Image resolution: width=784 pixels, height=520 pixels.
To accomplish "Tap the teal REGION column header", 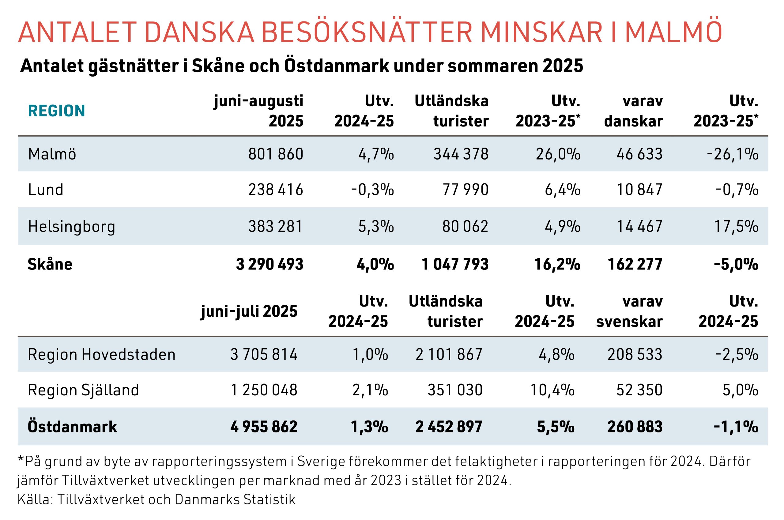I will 57,111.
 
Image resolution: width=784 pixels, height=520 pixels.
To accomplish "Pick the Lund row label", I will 45,190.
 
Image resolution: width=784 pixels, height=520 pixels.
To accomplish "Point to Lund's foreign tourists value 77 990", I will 465,190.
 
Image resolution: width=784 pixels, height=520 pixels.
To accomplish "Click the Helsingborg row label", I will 71,227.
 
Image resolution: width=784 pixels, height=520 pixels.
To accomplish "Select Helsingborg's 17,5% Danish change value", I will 736,227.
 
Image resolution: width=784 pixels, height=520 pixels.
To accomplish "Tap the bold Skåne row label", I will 50,264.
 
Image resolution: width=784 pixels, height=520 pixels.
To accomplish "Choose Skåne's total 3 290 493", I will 269,264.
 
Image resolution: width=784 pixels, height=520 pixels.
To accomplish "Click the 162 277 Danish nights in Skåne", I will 635,264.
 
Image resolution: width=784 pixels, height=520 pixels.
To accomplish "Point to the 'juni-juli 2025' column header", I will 249,311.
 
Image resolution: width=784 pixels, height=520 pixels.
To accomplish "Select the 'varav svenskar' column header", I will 629,311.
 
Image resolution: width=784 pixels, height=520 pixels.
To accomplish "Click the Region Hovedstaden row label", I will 101,355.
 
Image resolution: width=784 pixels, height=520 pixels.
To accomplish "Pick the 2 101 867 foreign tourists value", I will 449,355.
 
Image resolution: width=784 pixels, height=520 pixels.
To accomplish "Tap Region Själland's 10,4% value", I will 552,390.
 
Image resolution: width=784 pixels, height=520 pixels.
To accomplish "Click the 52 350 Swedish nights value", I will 639,390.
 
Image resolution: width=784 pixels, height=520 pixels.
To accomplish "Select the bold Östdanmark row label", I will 72,427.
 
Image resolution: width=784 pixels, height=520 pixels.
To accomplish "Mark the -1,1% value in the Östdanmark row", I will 736,427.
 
